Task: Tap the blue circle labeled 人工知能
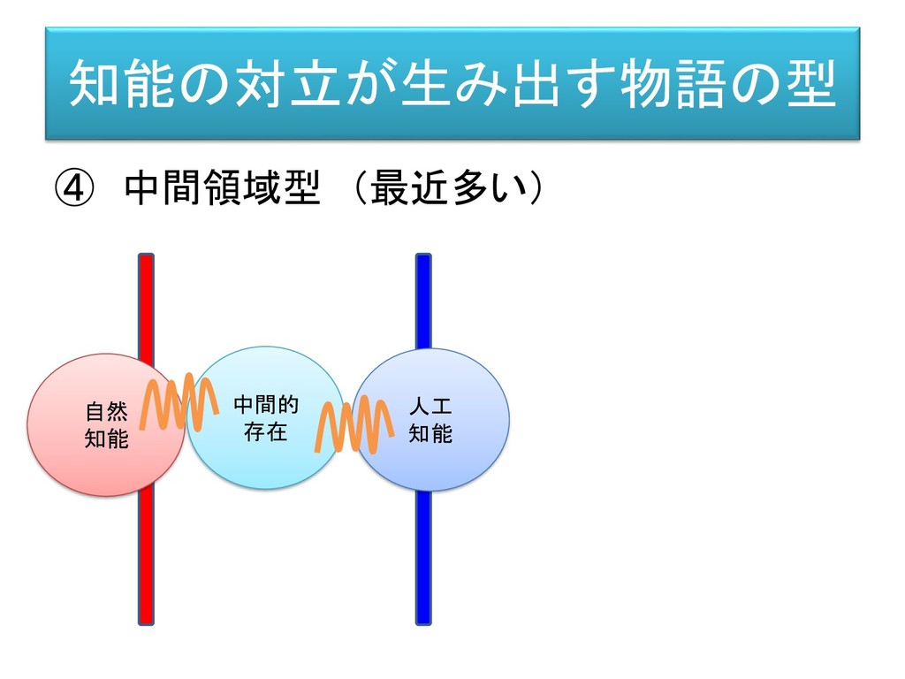coord(442,460)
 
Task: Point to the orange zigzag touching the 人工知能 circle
coord(354,426)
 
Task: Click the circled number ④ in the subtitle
coord(72,187)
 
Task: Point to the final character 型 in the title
coord(810,84)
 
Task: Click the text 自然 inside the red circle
coord(106,412)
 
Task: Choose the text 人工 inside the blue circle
coord(430,408)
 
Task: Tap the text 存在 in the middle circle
coord(265,432)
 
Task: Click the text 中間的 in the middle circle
coord(265,406)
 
